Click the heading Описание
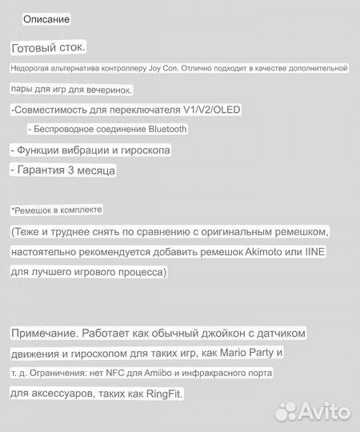click(x=46, y=18)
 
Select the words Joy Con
click(x=163, y=69)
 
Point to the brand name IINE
click(x=313, y=251)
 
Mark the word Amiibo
click(x=151, y=373)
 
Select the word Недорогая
click(x=33, y=69)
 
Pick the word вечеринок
click(x=111, y=89)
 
